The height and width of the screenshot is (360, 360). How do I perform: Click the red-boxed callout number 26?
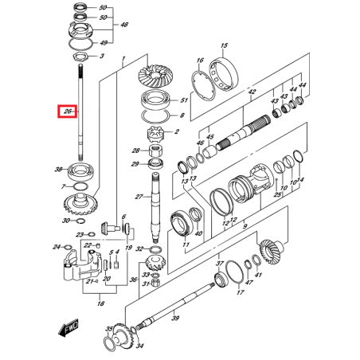(68, 112)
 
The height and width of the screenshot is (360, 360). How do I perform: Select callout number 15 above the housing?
(225, 45)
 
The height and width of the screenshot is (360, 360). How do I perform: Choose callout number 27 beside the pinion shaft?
(138, 197)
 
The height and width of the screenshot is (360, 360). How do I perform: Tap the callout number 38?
(58, 169)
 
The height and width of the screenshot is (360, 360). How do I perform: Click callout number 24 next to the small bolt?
(57, 247)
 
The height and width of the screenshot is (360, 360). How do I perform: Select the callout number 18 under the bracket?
(100, 304)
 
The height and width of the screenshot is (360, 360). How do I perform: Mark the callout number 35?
(109, 328)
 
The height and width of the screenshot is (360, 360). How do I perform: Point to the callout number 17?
(239, 292)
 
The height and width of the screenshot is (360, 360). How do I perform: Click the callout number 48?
(123, 25)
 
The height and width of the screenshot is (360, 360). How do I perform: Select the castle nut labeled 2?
(155, 131)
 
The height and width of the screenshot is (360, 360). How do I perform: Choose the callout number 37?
(220, 264)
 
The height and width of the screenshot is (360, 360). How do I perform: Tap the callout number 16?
(200, 60)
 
